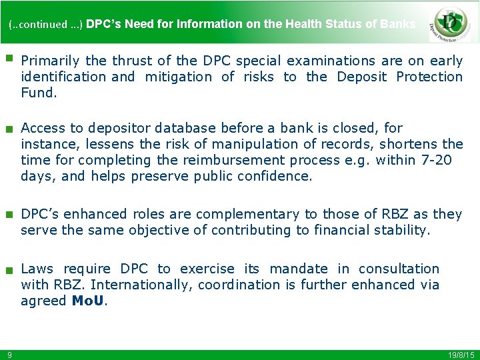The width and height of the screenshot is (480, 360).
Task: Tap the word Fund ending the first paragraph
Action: click(37, 93)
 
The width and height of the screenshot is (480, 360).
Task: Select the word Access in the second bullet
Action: click(43, 128)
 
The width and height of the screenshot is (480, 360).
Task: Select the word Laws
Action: click(37, 269)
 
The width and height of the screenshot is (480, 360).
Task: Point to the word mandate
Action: click(299, 269)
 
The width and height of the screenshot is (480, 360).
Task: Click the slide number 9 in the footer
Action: click(10, 354)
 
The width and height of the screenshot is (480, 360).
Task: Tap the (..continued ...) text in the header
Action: click(45, 25)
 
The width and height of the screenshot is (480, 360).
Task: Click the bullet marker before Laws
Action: click(9, 271)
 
